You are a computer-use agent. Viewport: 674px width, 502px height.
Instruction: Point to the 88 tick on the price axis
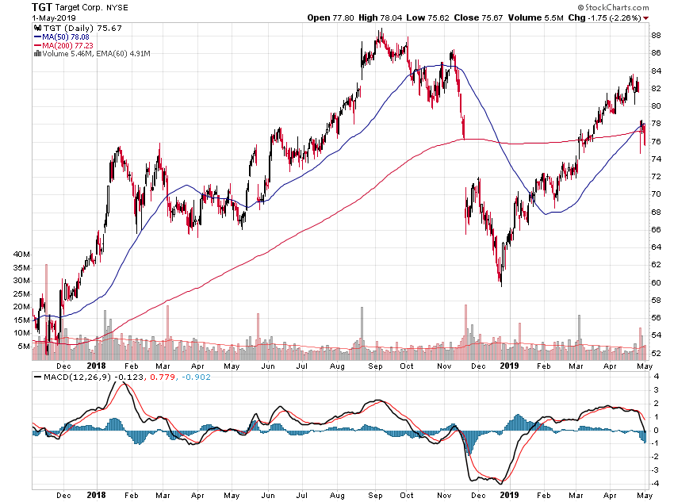(x=656, y=36)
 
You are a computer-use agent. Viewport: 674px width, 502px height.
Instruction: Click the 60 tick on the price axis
(x=656, y=283)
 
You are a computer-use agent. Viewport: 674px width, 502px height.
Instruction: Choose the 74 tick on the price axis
(x=656, y=159)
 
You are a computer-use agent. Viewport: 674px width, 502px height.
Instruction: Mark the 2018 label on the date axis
(x=97, y=366)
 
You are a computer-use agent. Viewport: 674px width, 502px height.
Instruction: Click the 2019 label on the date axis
(x=508, y=366)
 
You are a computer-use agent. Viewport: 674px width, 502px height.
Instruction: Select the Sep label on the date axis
(x=375, y=366)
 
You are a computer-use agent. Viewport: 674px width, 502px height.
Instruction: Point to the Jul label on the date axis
(x=302, y=366)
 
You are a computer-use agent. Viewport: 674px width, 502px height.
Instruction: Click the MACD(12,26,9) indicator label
(x=77, y=377)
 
